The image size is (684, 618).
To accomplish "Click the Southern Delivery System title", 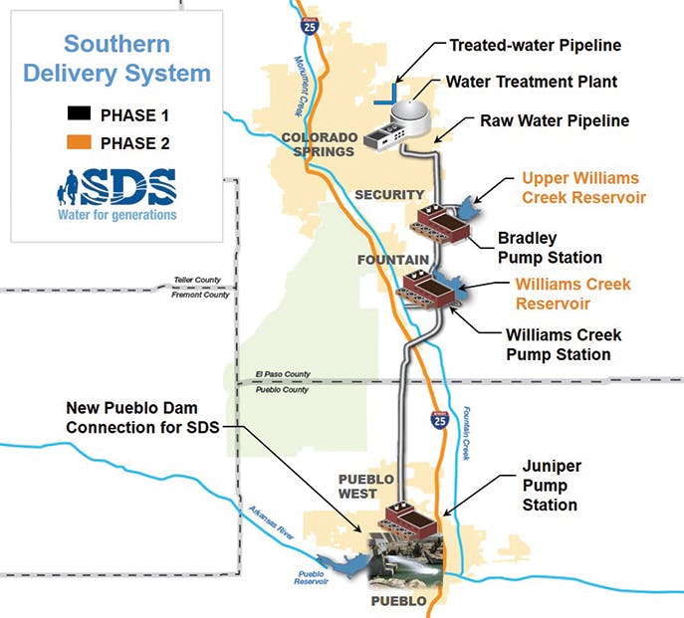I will click(x=116, y=59).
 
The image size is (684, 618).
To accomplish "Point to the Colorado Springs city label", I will click(x=318, y=144).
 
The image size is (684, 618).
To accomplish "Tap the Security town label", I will click(x=390, y=193).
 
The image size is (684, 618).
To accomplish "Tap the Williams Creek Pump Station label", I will click(x=558, y=344).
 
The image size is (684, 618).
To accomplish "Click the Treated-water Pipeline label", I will click(x=535, y=46).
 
